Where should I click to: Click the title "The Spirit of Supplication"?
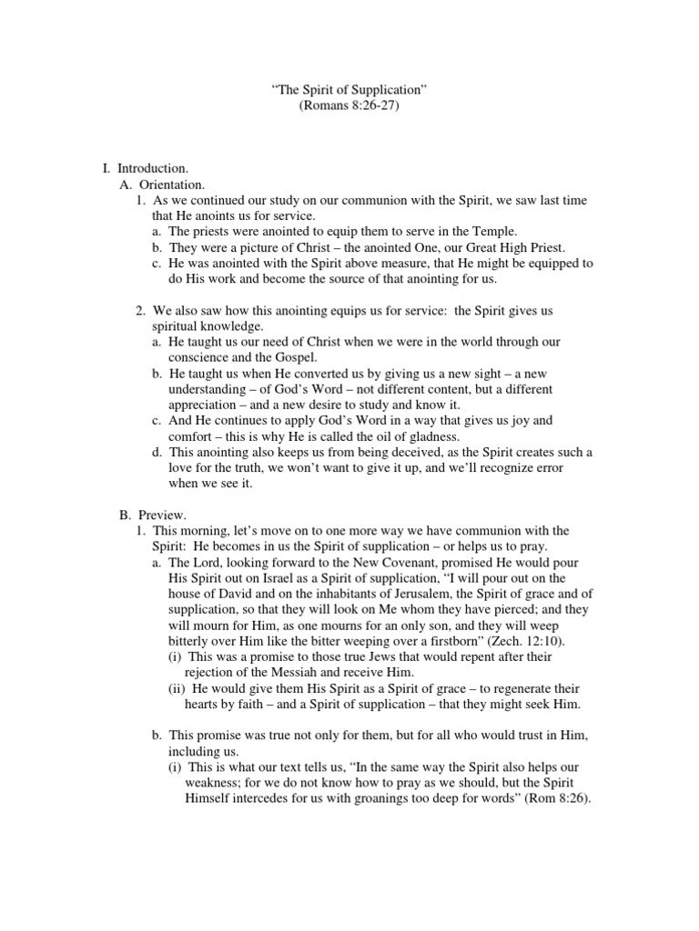[x=349, y=90]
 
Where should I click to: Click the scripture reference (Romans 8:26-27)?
[x=349, y=105]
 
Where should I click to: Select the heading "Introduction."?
[x=153, y=169]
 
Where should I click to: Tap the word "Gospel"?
[x=297, y=357]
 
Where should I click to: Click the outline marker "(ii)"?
[x=179, y=688]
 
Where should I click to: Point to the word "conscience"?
[x=185, y=357]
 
